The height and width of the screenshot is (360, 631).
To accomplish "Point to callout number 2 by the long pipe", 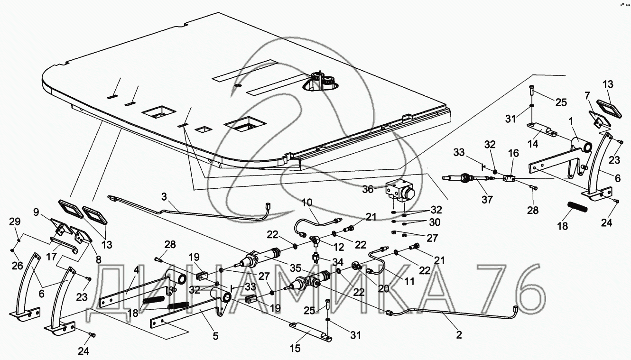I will click(x=459, y=335).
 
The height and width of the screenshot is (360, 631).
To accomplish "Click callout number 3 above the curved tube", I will click(x=164, y=195).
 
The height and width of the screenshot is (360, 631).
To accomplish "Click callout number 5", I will click(x=215, y=336).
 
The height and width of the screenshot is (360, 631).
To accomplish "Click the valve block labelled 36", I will click(x=399, y=191).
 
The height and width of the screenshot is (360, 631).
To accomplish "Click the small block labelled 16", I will click(x=510, y=179).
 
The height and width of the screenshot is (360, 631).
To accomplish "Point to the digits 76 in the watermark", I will click(x=508, y=288).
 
